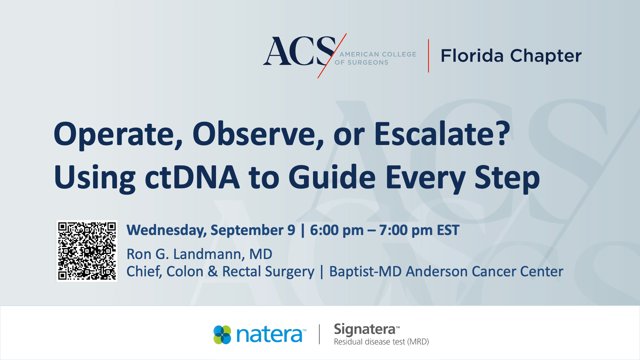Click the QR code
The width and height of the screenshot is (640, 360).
pos(87,251)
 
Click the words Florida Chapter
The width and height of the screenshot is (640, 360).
pos(511,56)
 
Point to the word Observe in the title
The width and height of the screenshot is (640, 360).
pos(258,134)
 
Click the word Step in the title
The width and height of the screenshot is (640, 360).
pos(507,178)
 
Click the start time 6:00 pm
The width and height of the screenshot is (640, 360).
pos(337,230)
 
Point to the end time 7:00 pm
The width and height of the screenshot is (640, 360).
pos(406,230)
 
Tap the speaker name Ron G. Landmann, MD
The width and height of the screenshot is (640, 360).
pos(199,254)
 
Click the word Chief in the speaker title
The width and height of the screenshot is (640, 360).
pos(144,272)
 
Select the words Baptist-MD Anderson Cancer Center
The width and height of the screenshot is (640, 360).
pos(446,272)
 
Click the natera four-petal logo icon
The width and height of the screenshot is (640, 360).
pos(222,335)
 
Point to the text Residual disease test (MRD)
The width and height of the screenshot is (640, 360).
pos(381,342)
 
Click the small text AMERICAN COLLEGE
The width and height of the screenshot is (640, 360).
pos(378,54)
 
